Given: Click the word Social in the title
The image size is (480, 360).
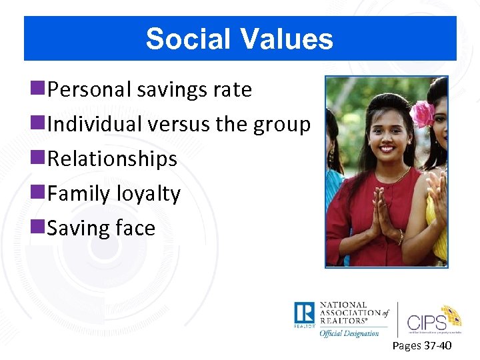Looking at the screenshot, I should (187, 39).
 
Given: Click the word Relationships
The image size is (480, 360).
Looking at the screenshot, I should (113, 159).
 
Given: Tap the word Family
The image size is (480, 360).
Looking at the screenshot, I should (79, 194).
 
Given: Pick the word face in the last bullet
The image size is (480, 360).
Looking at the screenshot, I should (135, 229).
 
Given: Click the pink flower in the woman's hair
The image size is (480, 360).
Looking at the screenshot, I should (422, 114).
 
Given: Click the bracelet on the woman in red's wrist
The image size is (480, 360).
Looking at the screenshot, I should (400, 237).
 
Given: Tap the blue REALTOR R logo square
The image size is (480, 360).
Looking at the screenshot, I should (304, 314).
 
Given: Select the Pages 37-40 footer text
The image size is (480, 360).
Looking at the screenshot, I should (422, 345).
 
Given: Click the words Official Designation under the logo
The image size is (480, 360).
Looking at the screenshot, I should (349, 333).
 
